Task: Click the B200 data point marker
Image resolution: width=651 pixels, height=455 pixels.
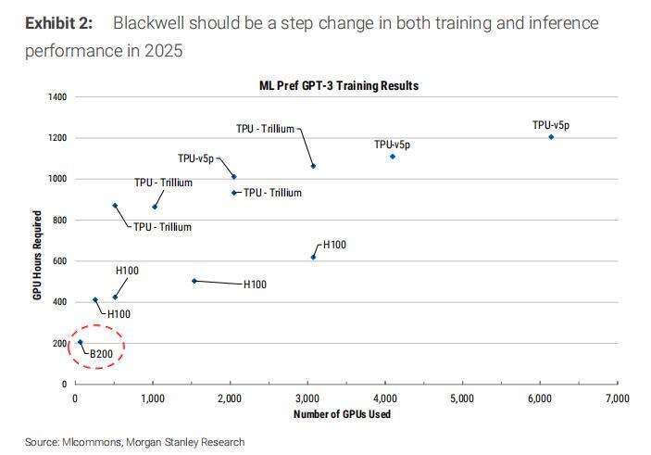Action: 80,342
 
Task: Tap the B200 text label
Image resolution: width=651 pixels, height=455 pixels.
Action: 100,354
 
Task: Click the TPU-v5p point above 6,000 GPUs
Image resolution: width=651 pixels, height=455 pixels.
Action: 551,137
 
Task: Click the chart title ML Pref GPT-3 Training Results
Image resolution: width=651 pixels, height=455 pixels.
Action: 339,85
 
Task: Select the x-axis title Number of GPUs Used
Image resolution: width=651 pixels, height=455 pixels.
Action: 342,414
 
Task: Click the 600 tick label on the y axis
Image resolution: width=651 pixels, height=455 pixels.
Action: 57,260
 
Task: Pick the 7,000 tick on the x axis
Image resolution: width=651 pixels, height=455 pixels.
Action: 616,398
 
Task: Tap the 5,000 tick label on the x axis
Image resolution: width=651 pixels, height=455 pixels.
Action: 461,398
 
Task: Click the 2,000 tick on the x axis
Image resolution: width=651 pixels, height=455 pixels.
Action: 230,398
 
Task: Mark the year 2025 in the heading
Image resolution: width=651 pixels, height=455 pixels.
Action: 163,49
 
